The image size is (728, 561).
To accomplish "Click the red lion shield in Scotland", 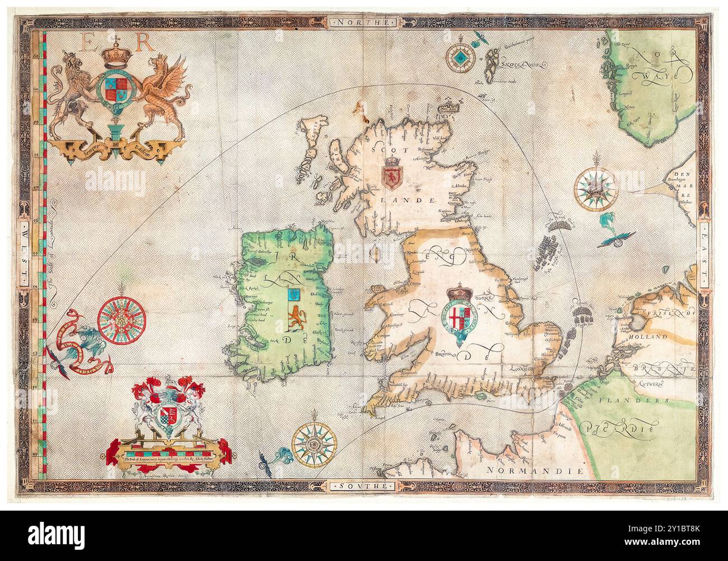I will coord(390,174).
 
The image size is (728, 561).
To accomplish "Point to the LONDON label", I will coord(524,368).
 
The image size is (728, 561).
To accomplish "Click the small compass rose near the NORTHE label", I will coord(461,56).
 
